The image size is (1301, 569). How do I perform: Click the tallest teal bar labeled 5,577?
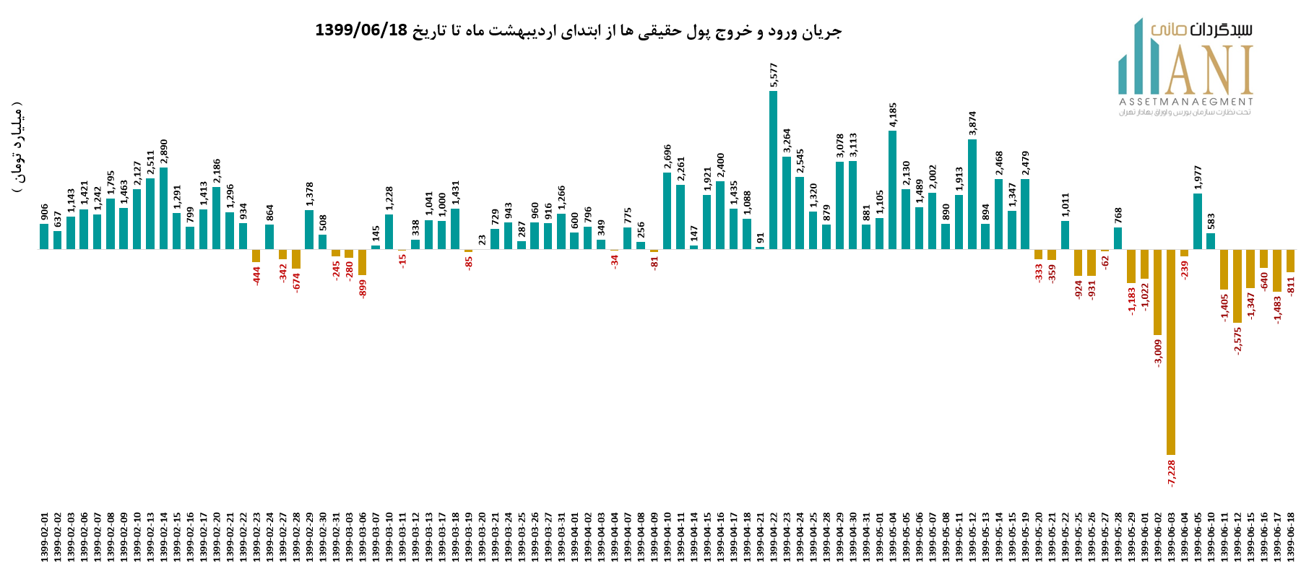pyautogui.click(x=773, y=170)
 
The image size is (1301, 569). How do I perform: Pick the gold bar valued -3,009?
pyautogui.click(x=1157, y=292)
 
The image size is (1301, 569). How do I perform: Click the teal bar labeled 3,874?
pyautogui.click(x=972, y=194)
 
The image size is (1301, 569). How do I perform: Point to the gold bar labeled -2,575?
pyautogui.click(x=1237, y=286)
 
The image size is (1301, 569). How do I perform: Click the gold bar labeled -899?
pyautogui.click(x=363, y=262)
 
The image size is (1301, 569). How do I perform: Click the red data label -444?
pyautogui.click(x=256, y=275)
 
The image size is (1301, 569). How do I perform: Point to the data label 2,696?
pyautogui.click(x=667, y=157)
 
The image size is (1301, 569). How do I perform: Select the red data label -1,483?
pyautogui.click(x=1277, y=310)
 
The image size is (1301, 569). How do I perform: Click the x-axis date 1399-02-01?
pyautogui.click(x=44, y=537)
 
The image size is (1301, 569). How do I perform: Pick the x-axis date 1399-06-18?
pyautogui.click(x=1290, y=537)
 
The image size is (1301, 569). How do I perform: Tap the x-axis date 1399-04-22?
pyautogui.click(x=773, y=537)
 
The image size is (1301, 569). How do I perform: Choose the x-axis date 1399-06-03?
pyautogui.click(x=1171, y=537)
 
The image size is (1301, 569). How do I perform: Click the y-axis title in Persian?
pyautogui.click(x=17, y=148)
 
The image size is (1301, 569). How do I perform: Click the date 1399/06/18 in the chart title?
pyautogui.click(x=361, y=30)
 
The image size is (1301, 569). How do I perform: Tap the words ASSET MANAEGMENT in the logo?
pyautogui.click(x=1185, y=102)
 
